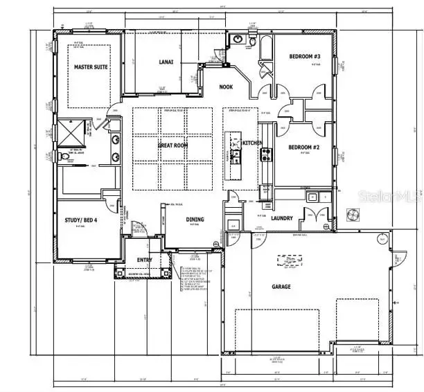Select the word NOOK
click(226, 87)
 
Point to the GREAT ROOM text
click(173, 145)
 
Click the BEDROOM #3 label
click(303, 57)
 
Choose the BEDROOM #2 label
click(303, 147)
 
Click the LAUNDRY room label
click(281, 218)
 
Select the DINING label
click(195, 220)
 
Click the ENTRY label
click(145, 260)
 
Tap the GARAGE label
click(281, 285)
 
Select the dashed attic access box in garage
click(290, 260)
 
